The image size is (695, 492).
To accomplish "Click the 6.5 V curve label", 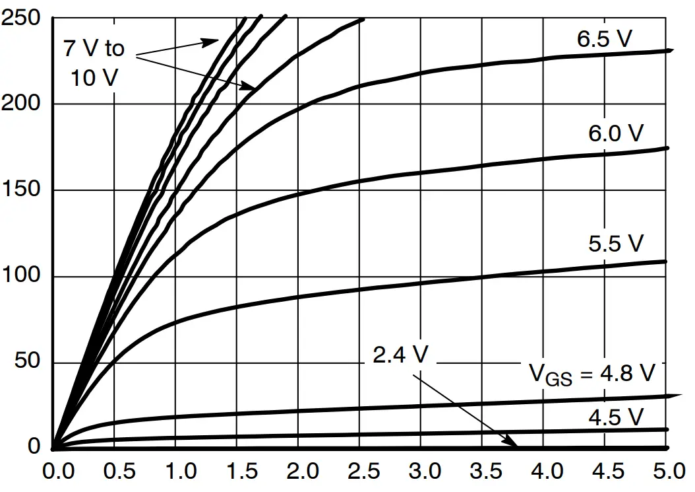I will tap(604, 39).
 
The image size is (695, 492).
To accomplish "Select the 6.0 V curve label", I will tap(615, 134).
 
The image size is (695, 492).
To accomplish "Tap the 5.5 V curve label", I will tap(615, 244).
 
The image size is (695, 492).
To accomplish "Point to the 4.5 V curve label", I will tap(615, 417).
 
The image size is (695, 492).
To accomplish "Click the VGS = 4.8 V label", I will tap(592, 374).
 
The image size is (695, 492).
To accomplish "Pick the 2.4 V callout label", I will tap(400, 355).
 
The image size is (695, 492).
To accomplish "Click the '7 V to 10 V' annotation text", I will tap(94, 63).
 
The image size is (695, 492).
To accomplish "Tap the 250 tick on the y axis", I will tap(22, 18).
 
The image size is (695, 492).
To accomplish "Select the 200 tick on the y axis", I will tap(22, 104).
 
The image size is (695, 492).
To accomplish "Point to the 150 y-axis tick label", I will tap(22, 190).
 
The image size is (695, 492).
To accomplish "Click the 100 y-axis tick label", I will tap(22, 276).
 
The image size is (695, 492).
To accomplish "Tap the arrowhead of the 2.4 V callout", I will tap(515, 444).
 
